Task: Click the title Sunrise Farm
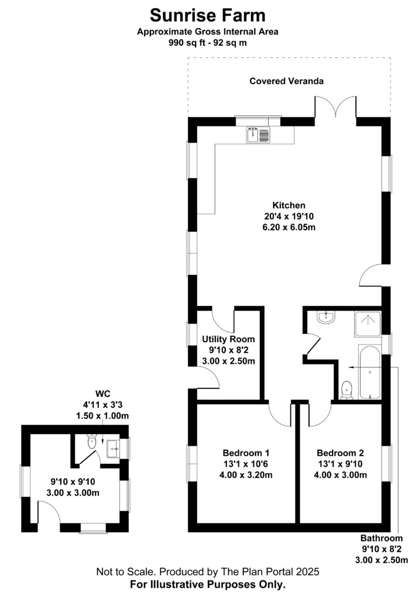207,16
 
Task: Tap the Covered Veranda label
287,81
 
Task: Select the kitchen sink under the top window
258,135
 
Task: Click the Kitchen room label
289,205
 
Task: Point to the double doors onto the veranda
335,106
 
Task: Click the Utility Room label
228,339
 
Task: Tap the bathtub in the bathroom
369,372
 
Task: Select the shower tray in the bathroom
368,324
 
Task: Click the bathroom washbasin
326,318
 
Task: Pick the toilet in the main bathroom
347,390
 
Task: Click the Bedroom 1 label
246,453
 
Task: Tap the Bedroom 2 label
340,453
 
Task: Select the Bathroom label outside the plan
382,538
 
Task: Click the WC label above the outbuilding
103,394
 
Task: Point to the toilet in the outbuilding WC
92,441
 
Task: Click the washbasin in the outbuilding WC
113,449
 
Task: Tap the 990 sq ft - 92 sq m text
207,43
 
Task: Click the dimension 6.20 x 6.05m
289,228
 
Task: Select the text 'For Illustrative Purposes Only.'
207,584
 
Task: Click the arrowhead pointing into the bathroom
351,367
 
